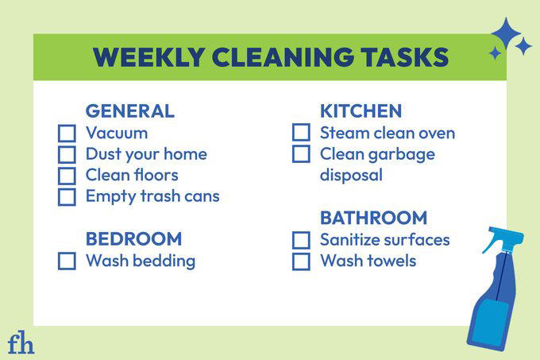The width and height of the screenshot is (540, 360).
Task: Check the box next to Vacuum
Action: (x=67, y=134)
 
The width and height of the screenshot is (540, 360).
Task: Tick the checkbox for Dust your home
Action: (x=67, y=154)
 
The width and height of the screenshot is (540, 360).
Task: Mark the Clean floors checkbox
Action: (x=67, y=175)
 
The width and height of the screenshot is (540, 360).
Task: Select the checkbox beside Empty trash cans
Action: (x=67, y=196)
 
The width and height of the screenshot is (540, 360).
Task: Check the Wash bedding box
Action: (x=67, y=261)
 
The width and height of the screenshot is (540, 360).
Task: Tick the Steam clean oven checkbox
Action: (x=300, y=134)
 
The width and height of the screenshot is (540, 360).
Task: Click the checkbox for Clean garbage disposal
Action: (x=300, y=154)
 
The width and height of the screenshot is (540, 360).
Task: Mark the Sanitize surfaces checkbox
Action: (x=300, y=240)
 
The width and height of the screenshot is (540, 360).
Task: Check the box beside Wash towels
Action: (x=300, y=261)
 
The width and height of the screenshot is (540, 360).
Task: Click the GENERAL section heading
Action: (x=129, y=111)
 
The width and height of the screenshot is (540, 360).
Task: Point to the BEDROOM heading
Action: (x=133, y=239)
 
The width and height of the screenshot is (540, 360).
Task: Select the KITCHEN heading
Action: (x=361, y=111)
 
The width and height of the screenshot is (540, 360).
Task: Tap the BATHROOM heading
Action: (x=373, y=218)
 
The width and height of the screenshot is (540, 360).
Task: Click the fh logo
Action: (x=21, y=343)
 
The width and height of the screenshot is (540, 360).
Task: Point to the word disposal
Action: (x=351, y=175)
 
